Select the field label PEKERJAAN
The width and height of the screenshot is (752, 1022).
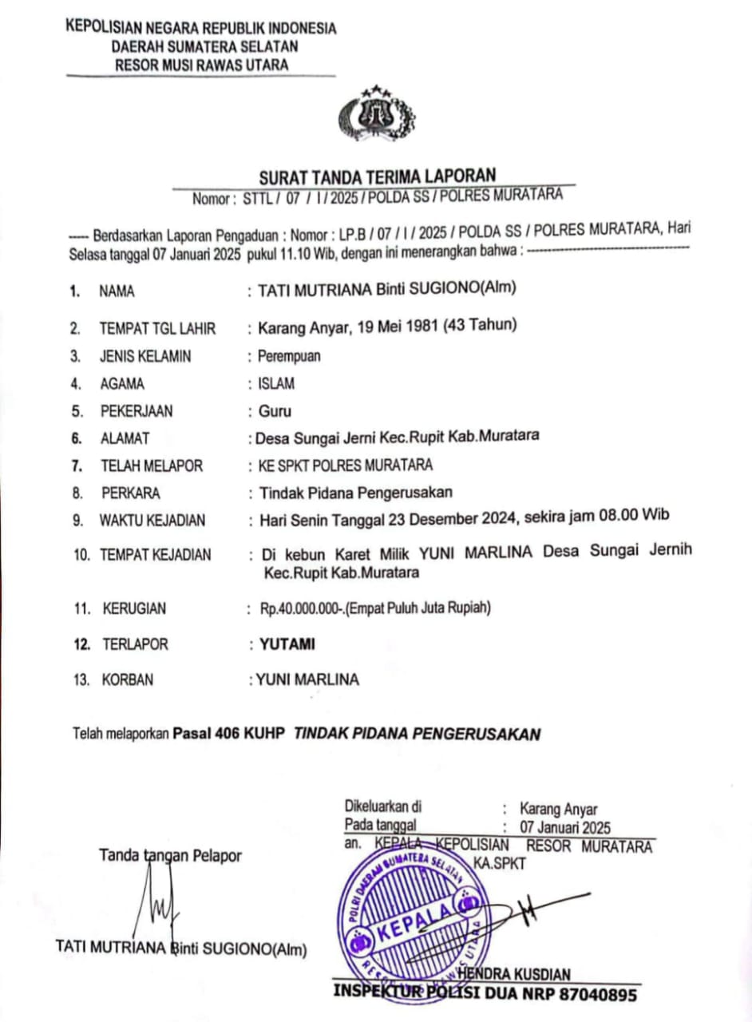[136, 412]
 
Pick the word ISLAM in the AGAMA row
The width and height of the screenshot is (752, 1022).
[276, 384]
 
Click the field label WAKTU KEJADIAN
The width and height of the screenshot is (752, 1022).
[152, 521]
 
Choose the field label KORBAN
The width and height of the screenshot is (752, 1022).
[127, 680]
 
